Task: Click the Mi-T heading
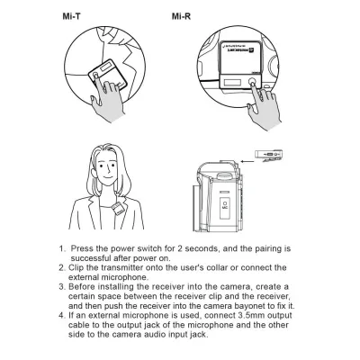pos(71,16)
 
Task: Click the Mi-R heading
pos(181,16)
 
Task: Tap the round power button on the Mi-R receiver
pos(252,81)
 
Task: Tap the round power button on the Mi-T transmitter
pos(95,75)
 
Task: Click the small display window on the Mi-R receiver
pos(232,82)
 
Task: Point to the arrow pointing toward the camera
pos(247,161)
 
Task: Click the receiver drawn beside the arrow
pos(269,156)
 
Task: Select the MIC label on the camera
pos(225,207)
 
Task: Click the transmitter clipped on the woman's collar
pos(118,209)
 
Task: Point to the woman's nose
pos(108,172)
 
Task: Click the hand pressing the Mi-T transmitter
pos(107,99)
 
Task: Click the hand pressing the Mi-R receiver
pos(264,105)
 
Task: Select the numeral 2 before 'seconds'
pos(179,248)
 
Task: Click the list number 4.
pos(61,316)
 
